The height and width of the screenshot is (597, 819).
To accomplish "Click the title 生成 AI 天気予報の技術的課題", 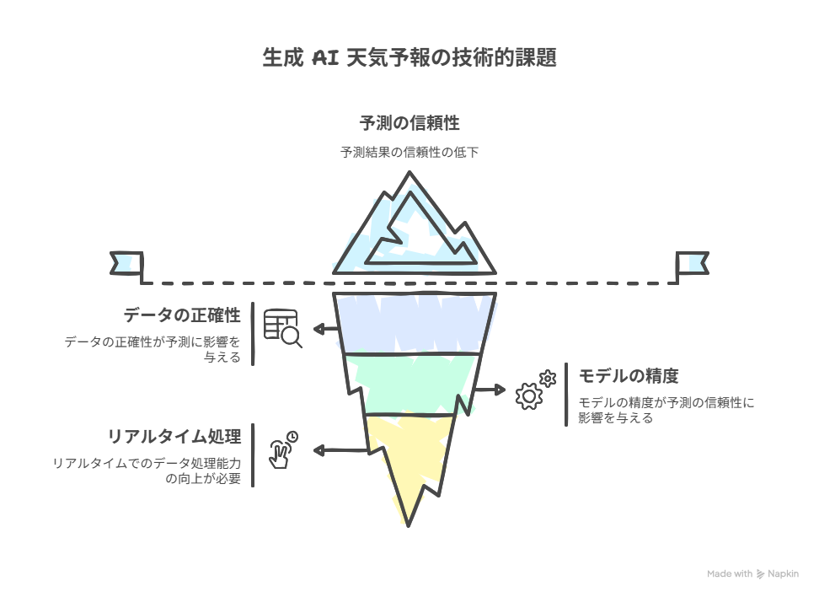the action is click(x=409, y=57).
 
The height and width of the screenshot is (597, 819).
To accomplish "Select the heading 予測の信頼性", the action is click(x=409, y=123).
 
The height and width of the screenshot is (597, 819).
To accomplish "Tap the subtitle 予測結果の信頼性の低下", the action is click(x=409, y=152).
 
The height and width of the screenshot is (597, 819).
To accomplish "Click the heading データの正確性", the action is click(x=182, y=315).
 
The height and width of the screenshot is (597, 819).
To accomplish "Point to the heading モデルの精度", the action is click(x=629, y=376).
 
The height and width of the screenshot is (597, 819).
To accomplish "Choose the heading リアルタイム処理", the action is click(x=174, y=437).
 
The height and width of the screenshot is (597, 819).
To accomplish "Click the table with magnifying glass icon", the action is click(x=282, y=328).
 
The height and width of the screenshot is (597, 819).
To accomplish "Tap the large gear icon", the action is click(x=528, y=395).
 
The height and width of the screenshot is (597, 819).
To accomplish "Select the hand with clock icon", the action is click(x=283, y=450).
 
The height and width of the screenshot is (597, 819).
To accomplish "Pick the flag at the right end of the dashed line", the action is click(x=693, y=263).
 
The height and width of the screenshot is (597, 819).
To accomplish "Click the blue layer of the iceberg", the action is click(x=415, y=323).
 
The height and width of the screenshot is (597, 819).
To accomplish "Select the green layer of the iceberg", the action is click(x=413, y=385).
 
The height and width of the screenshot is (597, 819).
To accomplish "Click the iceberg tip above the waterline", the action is click(x=415, y=230).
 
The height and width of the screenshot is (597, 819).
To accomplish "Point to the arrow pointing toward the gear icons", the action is click(x=490, y=390).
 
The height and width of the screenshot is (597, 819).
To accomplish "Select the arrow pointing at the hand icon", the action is click(x=341, y=450).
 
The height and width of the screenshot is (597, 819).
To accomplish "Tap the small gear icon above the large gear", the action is click(x=548, y=378).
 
